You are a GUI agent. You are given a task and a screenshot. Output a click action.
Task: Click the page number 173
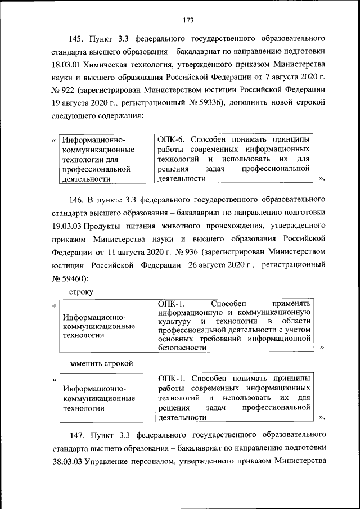(x=188, y=20)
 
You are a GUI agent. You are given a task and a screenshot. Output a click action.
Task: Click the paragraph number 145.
(x=76, y=39)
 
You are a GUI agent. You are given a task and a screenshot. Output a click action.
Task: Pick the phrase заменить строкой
(x=101, y=363)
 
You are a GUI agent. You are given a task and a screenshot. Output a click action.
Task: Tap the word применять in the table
(x=290, y=304)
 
